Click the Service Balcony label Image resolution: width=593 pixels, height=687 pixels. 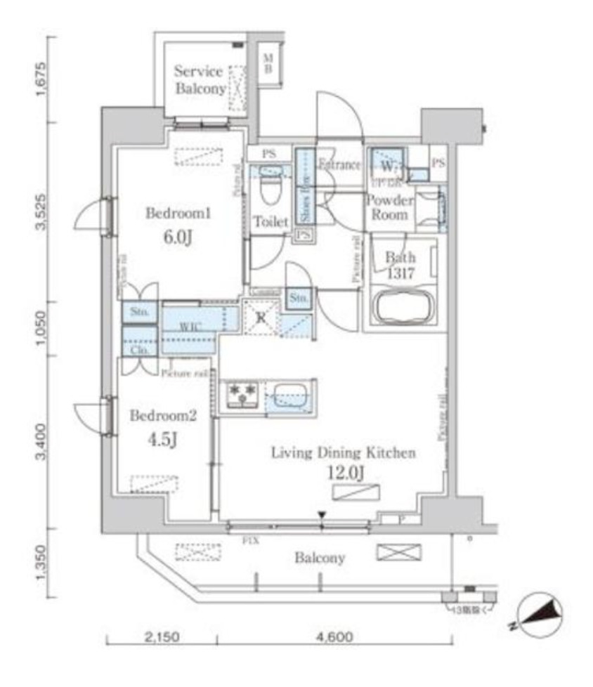pyautogui.click(x=199, y=80)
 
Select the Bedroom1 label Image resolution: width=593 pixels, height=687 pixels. pyautogui.click(x=178, y=213)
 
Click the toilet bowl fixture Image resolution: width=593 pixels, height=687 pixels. pyautogui.click(x=271, y=188)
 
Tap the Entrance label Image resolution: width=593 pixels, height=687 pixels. pyautogui.click(x=339, y=165)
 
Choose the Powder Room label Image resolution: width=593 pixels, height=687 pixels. pyautogui.click(x=389, y=207)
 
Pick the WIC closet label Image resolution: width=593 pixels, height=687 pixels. pyautogui.click(x=189, y=327)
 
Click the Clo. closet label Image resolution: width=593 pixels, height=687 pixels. pyautogui.click(x=138, y=349)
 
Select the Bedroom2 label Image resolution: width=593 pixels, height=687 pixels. pyautogui.click(x=163, y=415)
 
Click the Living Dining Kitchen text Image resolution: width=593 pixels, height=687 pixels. pyautogui.click(x=343, y=453)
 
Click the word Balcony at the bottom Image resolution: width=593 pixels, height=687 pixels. pyautogui.click(x=320, y=558)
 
